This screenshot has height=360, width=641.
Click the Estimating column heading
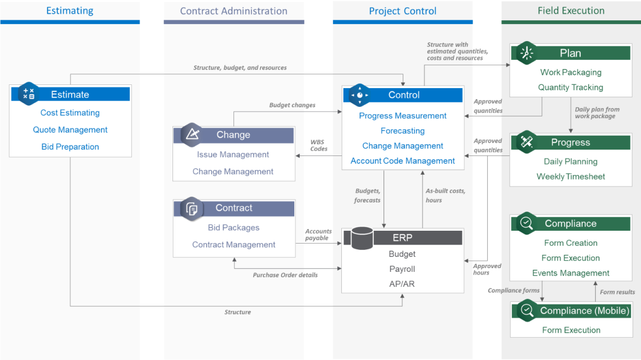(x=70, y=11)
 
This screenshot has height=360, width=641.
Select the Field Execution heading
(x=570, y=11)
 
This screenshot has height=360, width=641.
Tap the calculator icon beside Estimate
(x=29, y=94)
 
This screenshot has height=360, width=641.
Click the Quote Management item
(x=70, y=130)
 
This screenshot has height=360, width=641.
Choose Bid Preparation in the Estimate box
(x=70, y=147)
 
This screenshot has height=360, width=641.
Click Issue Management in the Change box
(x=233, y=154)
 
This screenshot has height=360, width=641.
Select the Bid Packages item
(x=233, y=228)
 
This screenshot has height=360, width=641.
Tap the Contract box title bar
(x=234, y=208)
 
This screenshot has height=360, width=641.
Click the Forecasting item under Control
(x=403, y=131)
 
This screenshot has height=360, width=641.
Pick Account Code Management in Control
(x=403, y=161)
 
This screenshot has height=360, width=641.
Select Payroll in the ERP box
(x=402, y=269)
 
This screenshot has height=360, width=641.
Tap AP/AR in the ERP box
(x=402, y=284)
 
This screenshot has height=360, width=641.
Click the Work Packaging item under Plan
(x=570, y=73)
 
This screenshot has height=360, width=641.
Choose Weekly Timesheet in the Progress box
(x=570, y=177)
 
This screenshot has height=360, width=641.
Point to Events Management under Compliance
(x=570, y=273)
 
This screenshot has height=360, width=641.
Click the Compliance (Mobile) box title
(x=584, y=310)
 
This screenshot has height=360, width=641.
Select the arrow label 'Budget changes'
(x=292, y=105)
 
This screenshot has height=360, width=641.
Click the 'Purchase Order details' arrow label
(x=285, y=275)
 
